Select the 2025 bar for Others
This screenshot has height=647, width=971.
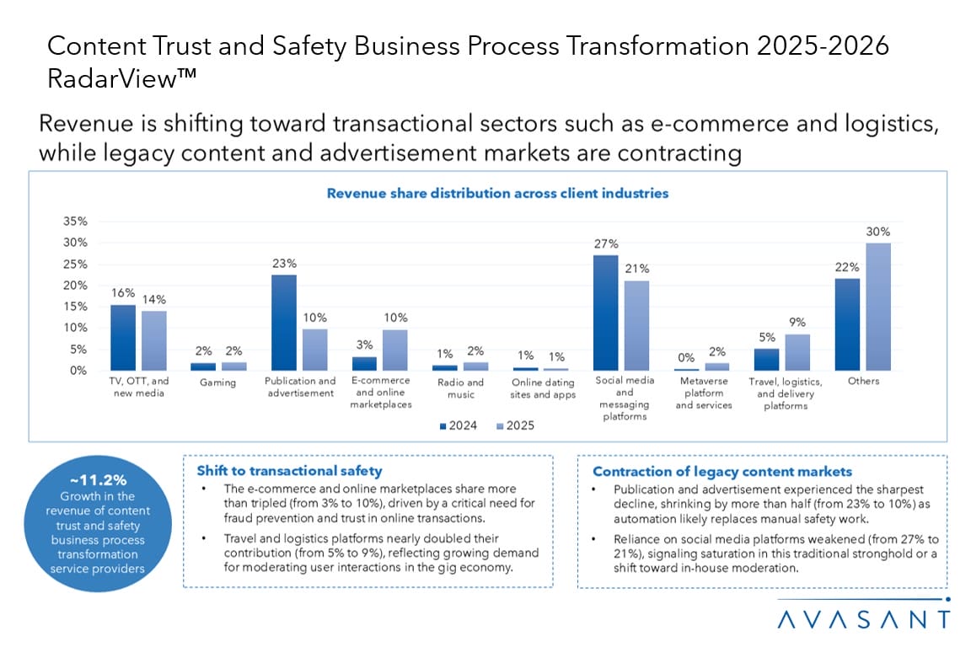(x=877, y=307)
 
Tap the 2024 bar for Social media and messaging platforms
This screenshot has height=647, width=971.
(x=605, y=313)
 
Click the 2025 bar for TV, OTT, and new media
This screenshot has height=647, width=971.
(x=153, y=340)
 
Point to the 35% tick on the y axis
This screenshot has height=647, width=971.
(x=76, y=222)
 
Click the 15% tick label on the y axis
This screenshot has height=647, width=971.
(x=76, y=307)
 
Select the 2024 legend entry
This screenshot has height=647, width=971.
(x=458, y=425)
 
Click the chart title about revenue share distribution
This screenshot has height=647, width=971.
(x=497, y=193)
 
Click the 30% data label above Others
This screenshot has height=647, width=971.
(x=878, y=232)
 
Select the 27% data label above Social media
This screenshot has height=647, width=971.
(x=605, y=244)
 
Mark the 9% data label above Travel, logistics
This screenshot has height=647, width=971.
(x=797, y=322)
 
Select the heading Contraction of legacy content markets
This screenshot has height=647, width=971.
(x=722, y=472)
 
